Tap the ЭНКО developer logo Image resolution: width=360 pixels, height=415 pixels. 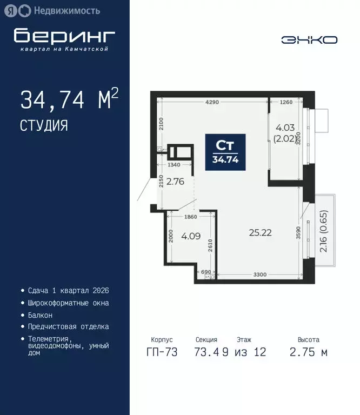[x=309, y=39]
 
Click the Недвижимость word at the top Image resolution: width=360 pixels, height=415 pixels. [x=66, y=10]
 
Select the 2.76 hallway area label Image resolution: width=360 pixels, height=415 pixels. [x=175, y=182]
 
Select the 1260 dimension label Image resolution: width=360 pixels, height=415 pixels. [x=286, y=102]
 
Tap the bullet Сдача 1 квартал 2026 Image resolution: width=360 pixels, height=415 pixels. [x=68, y=291]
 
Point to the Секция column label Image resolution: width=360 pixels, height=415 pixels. [x=206, y=340]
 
